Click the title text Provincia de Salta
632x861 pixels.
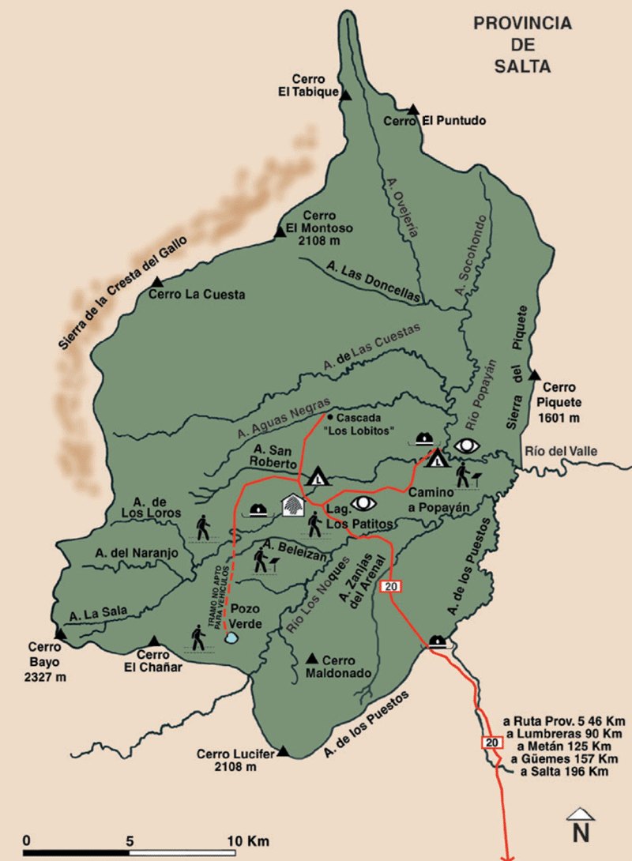[x=522, y=45]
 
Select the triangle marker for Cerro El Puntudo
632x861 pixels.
[x=412, y=109]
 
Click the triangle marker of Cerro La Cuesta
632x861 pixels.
[x=157, y=281]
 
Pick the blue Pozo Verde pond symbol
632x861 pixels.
[x=229, y=637]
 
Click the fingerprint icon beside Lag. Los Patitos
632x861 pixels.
[x=293, y=506]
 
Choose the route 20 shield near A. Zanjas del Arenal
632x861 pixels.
[x=391, y=586]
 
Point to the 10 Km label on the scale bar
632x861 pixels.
[x=248, y=840]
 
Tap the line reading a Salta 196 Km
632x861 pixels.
[x=564, y=771]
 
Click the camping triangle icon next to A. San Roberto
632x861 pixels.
[x=318, y=476]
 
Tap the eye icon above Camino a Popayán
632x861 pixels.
[x=466, y=446]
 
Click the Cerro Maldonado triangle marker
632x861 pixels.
[x=312, y=657]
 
